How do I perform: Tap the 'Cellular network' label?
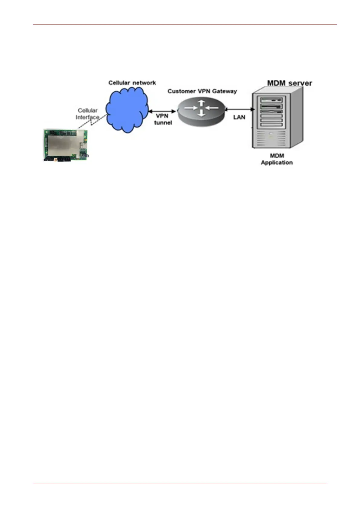coord(132,83)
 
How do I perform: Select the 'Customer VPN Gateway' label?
coord(202,91)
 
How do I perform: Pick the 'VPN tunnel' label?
coord(163,119)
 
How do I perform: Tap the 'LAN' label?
coord(239,117)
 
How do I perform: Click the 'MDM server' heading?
coord(289,83)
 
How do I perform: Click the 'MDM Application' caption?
coord(277,159)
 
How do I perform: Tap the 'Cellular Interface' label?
coord(87,114)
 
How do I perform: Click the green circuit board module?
coord(66,145)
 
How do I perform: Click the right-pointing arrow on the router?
coord(191,108)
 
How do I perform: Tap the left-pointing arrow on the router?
coord(212,108)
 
